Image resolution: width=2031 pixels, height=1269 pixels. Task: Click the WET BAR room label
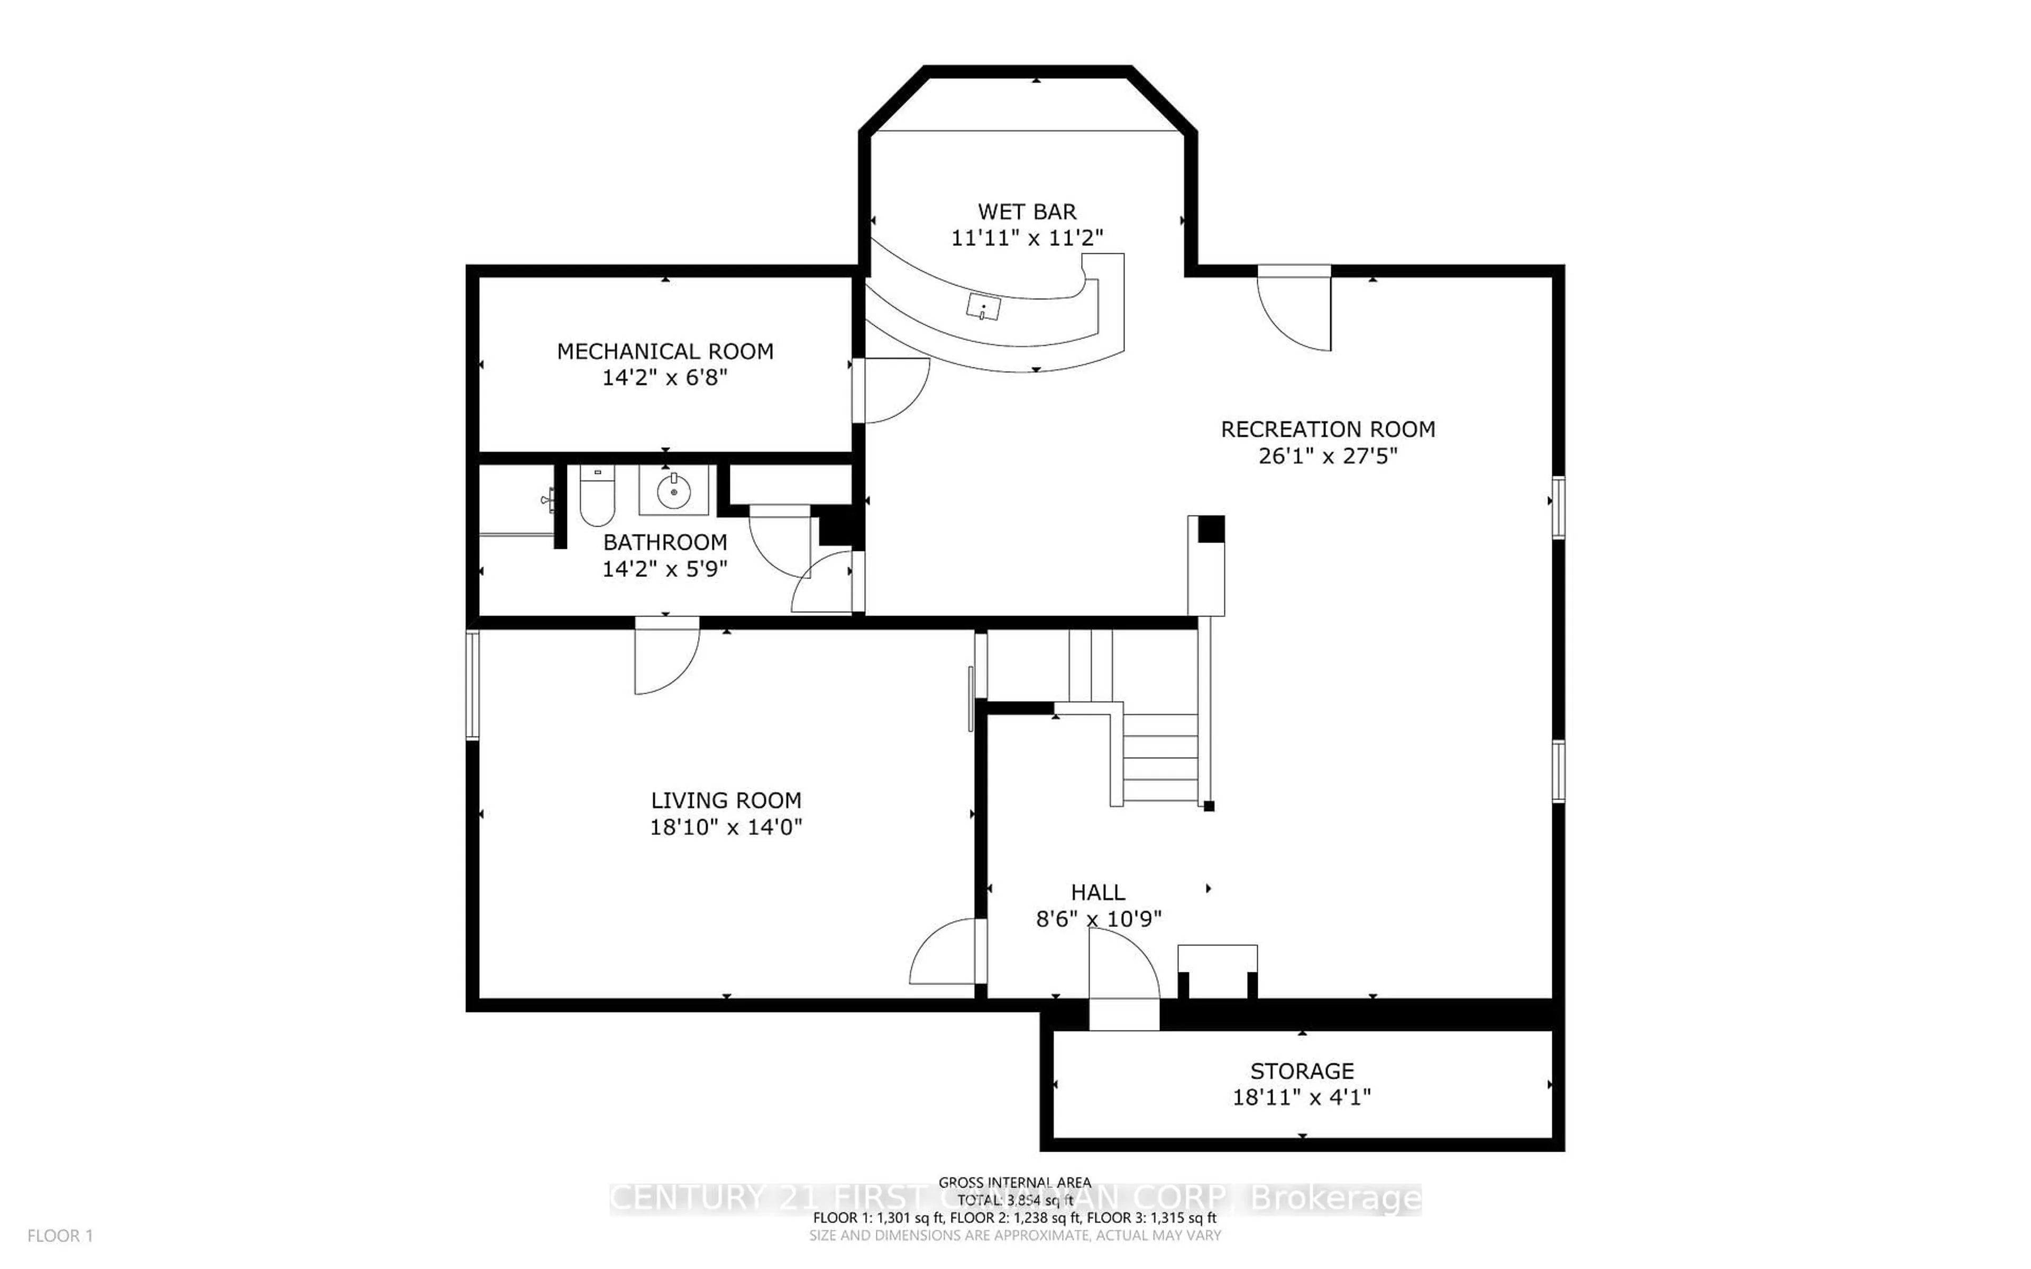point(1027,212)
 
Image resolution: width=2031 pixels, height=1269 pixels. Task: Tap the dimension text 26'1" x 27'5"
point(1328,456)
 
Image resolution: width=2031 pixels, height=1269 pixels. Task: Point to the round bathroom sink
point(673,491)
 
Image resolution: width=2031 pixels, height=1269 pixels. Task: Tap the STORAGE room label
point(1302,1071)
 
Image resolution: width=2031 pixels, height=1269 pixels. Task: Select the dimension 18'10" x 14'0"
point(726,826)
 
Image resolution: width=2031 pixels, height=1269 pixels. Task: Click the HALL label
point(1098,892)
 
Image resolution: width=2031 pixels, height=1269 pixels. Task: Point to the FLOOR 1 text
point(60,1236)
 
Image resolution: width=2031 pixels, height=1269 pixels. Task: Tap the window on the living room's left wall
point(472,685)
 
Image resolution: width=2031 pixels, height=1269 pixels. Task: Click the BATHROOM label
point(665,542)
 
